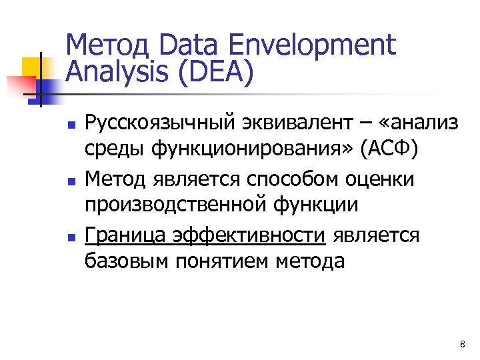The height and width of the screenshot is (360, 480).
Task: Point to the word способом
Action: (293, 179)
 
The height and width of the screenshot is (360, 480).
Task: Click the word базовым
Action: (127, 261)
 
